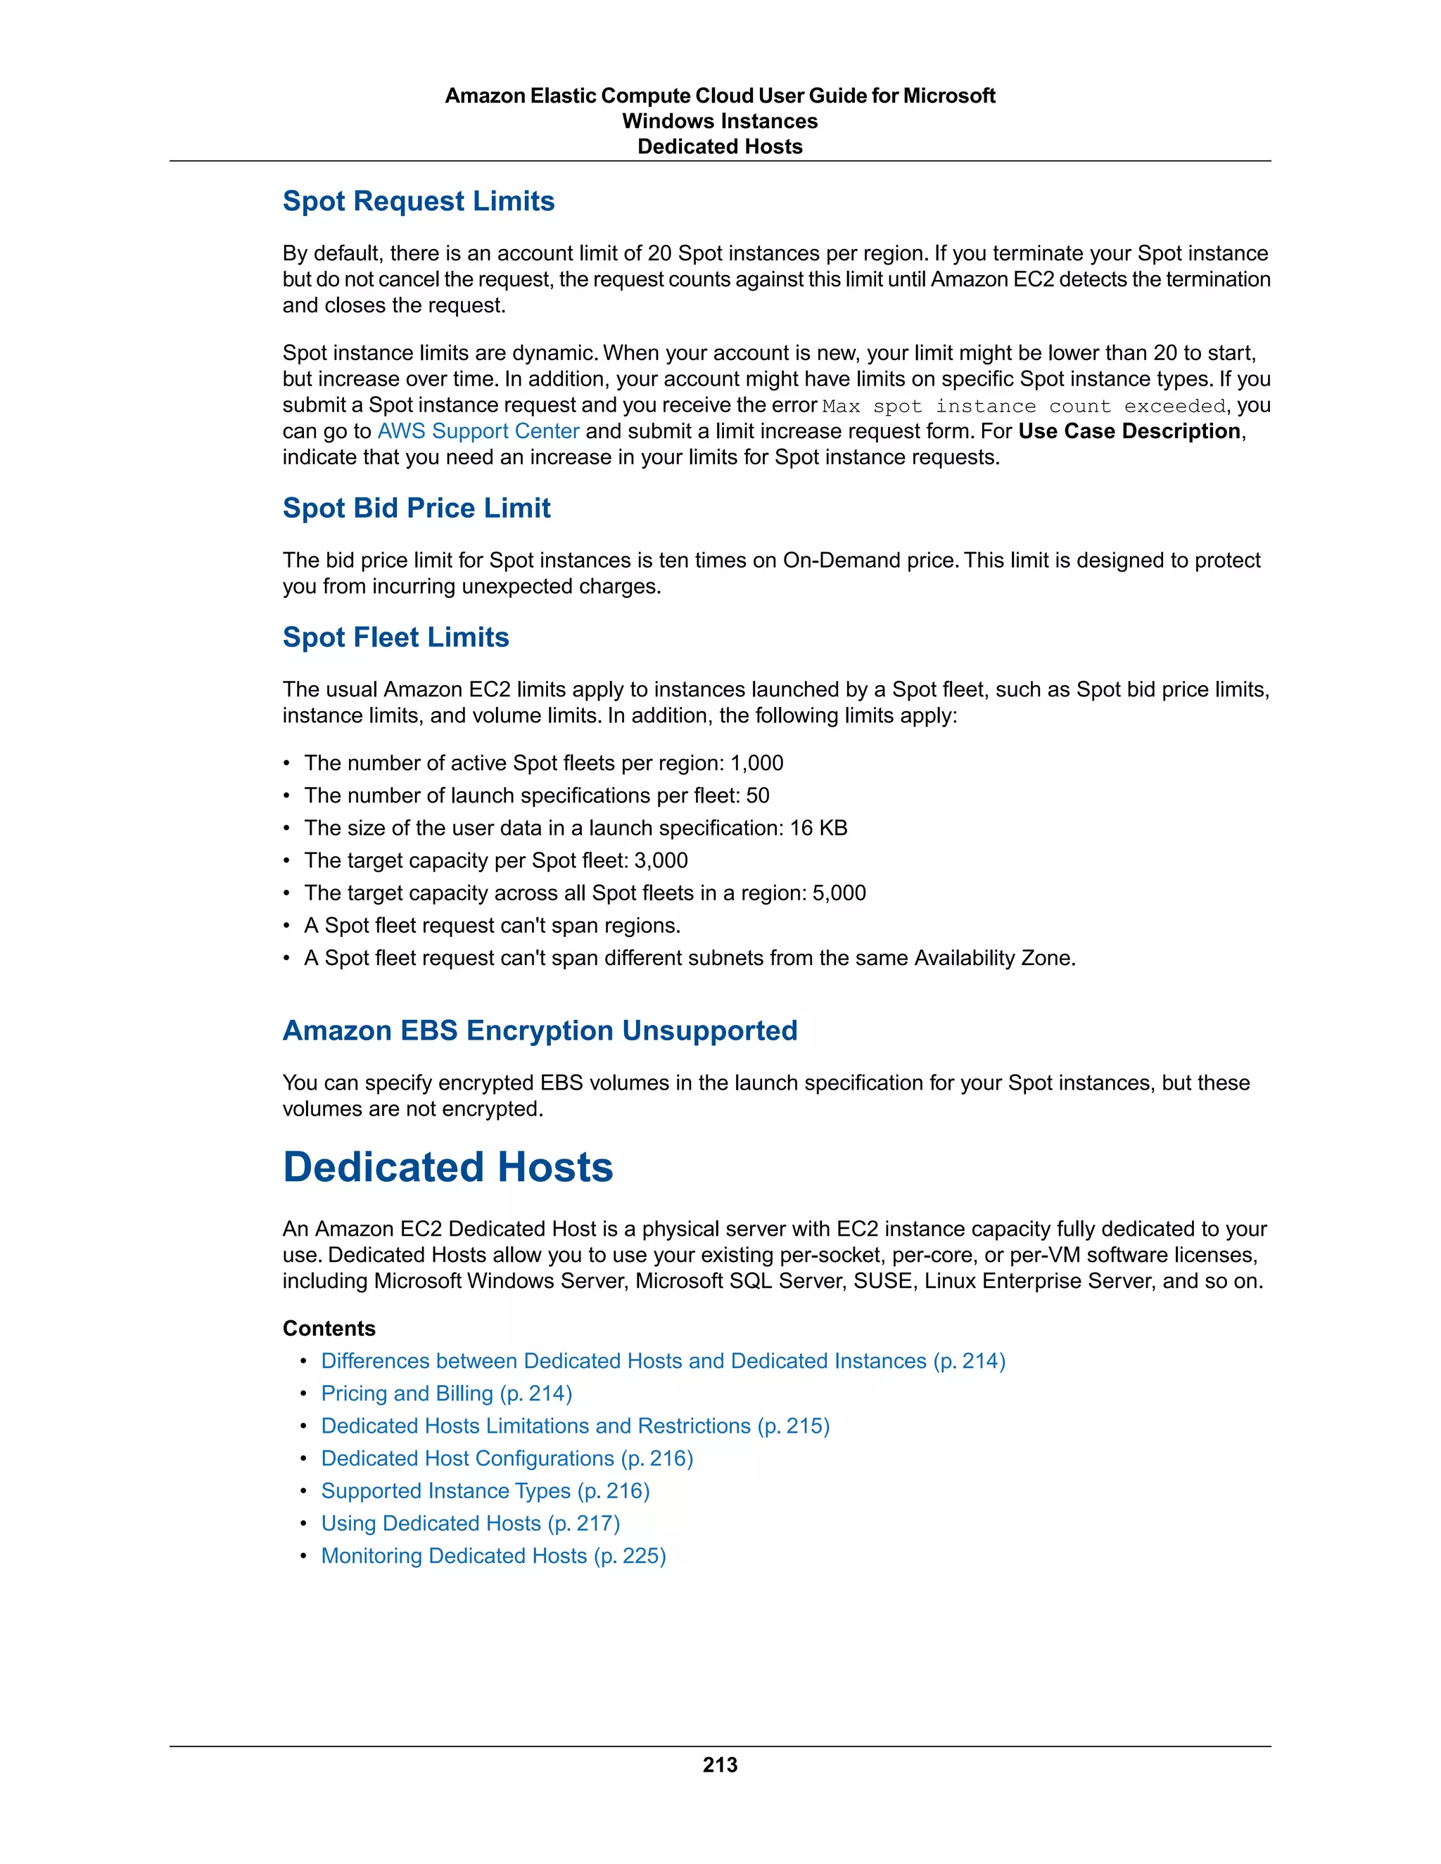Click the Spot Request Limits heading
coord(419,201)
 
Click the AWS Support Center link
coord(478,432)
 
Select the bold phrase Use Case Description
coord(1129,432)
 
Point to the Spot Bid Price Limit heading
coord(416,509)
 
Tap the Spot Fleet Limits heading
coord(395,637)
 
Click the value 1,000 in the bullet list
coord(756,763)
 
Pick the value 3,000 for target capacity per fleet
coord(661,860)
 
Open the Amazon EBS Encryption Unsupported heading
coord(540,1031)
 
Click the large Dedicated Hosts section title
coord(447,1168)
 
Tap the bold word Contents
coord(329,1329)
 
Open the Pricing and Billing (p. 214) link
coord(445,1393)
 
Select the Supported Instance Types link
coord(485,1491)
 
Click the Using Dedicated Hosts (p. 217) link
coord(469,1524)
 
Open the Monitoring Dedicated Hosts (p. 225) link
coord(493,1556)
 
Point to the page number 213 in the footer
coord(720,1765)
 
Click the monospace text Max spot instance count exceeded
coord(1024,407)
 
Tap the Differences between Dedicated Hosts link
coord(662,1361)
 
